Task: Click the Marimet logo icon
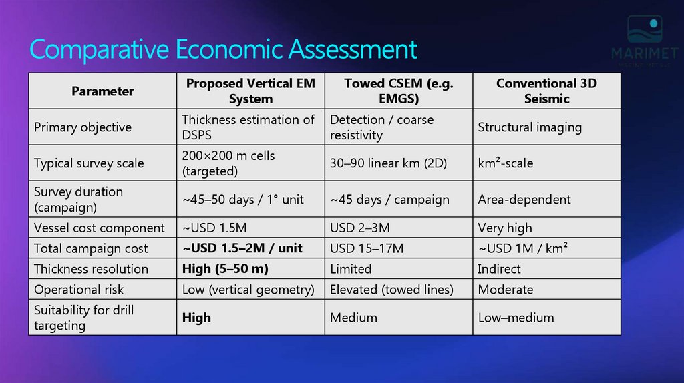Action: click(644, 31)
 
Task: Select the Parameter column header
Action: click(103, 91)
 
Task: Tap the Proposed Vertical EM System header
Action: click(250, 91)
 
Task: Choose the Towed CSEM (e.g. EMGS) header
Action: click(398, 91)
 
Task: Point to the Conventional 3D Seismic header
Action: click(546, 91)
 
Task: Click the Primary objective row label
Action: click(83, 127)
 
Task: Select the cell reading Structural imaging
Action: click(530, 127)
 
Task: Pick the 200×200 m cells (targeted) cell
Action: click(228, 163)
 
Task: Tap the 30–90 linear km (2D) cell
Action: click(388, 163)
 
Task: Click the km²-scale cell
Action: click(506, 163)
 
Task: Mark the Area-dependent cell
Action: click(524, 200)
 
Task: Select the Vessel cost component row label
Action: click(100, 228)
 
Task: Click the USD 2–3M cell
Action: click(360, 228)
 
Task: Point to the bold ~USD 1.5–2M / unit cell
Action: click(242, 248)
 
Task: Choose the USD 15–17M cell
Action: click(367, 249)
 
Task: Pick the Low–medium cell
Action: click(516, 318)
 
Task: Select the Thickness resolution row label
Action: click(91, 269)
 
